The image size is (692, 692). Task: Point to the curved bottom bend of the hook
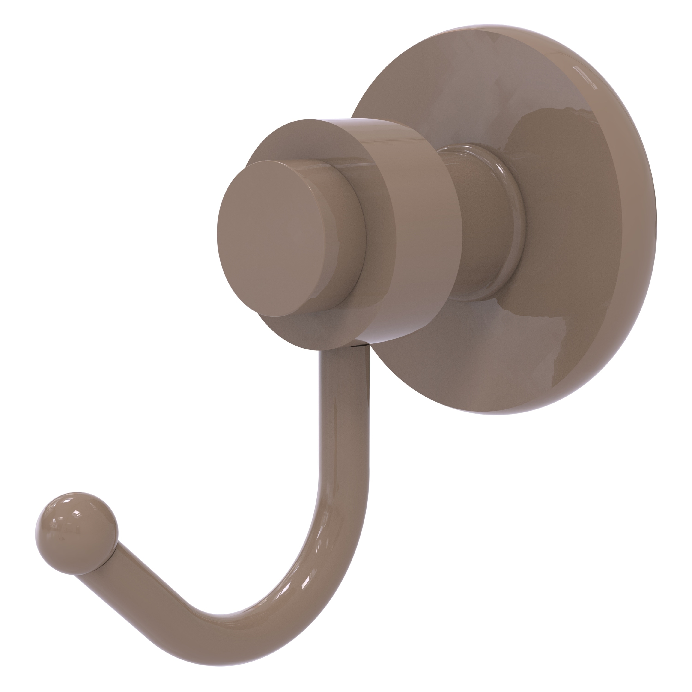pyautogui.click(x=286, y=605)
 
